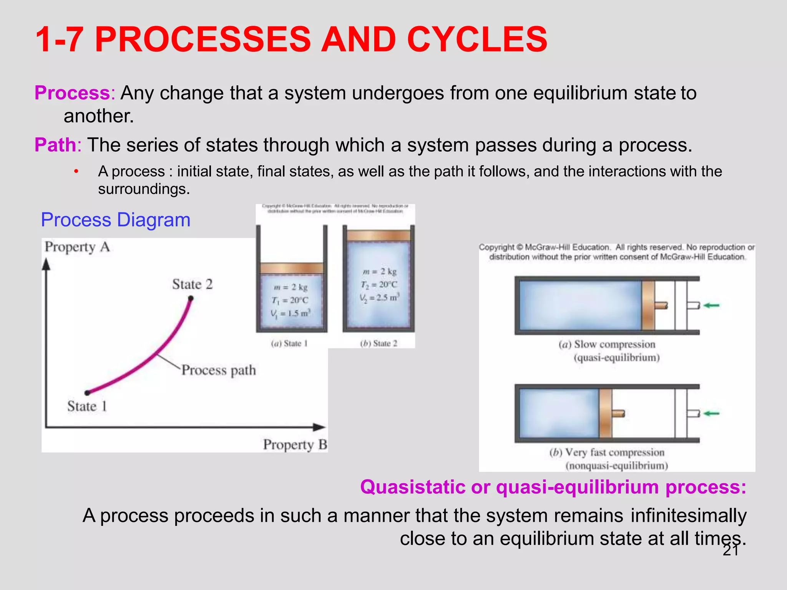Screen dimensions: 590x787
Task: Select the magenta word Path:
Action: (58, 145)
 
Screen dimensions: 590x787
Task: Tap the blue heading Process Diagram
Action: (116, 220)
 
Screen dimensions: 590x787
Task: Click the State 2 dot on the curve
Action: (191, 298)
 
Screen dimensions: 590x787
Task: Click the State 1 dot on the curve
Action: (87, 393)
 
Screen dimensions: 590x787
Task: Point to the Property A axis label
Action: (77, 247)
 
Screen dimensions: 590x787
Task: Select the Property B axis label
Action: (295, 445)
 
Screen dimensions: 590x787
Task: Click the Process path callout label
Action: (218, 370)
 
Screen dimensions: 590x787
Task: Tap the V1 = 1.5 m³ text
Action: (291, 313)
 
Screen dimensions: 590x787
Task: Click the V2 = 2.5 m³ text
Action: (380, 298)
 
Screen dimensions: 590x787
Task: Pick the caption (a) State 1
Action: (289, 343)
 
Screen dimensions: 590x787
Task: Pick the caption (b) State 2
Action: (379, 343)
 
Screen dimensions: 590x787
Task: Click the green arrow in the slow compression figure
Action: (712, 305)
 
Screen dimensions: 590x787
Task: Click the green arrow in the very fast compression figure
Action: (712, 414)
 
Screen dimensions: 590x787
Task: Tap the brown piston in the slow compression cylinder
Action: (648, 305)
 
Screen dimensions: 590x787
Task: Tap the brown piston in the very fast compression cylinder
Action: (605, 413)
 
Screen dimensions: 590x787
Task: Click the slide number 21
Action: (731, 550)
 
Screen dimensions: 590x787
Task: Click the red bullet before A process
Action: (76, 171)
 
